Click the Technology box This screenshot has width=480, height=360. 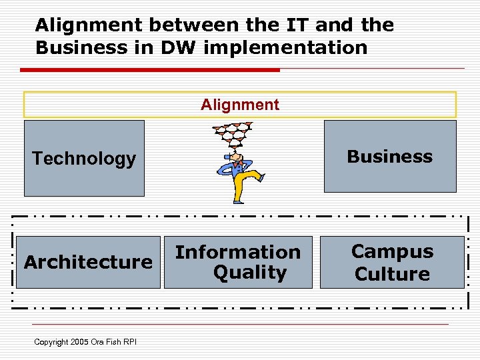coord(84,159)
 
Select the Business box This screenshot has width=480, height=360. coord(390,157)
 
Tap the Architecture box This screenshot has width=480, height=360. coord(88,262)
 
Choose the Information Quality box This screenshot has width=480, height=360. coord(238,262)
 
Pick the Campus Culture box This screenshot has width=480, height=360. coord(392,262)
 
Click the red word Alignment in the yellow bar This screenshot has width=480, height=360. coord(240,105)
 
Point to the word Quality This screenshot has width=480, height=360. coord(249,272)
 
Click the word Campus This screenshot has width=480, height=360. coord(392,251)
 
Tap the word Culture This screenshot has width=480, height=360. coord(392,273)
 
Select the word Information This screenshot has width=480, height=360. coord(238,252)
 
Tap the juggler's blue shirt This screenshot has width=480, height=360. coord(235,164)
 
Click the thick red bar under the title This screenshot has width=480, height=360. coord(150,69)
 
